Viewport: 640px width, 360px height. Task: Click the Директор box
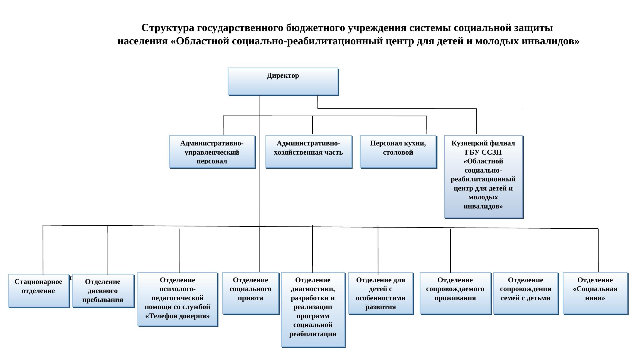point(283,82)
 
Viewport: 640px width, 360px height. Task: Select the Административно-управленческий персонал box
point(212,152)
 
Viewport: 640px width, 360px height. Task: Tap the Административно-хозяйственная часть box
point(308,152)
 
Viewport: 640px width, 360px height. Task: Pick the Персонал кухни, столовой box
point(398,152)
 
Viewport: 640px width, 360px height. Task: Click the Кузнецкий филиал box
point(483,177)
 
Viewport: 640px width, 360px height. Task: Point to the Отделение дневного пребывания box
point(103,291)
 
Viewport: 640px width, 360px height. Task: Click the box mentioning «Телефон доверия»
point(178,299)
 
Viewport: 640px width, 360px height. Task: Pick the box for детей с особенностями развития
point(380,293)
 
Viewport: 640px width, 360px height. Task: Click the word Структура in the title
point(168,28)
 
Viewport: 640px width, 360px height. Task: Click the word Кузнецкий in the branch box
point(466,143)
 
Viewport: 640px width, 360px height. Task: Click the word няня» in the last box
point(595,298)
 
